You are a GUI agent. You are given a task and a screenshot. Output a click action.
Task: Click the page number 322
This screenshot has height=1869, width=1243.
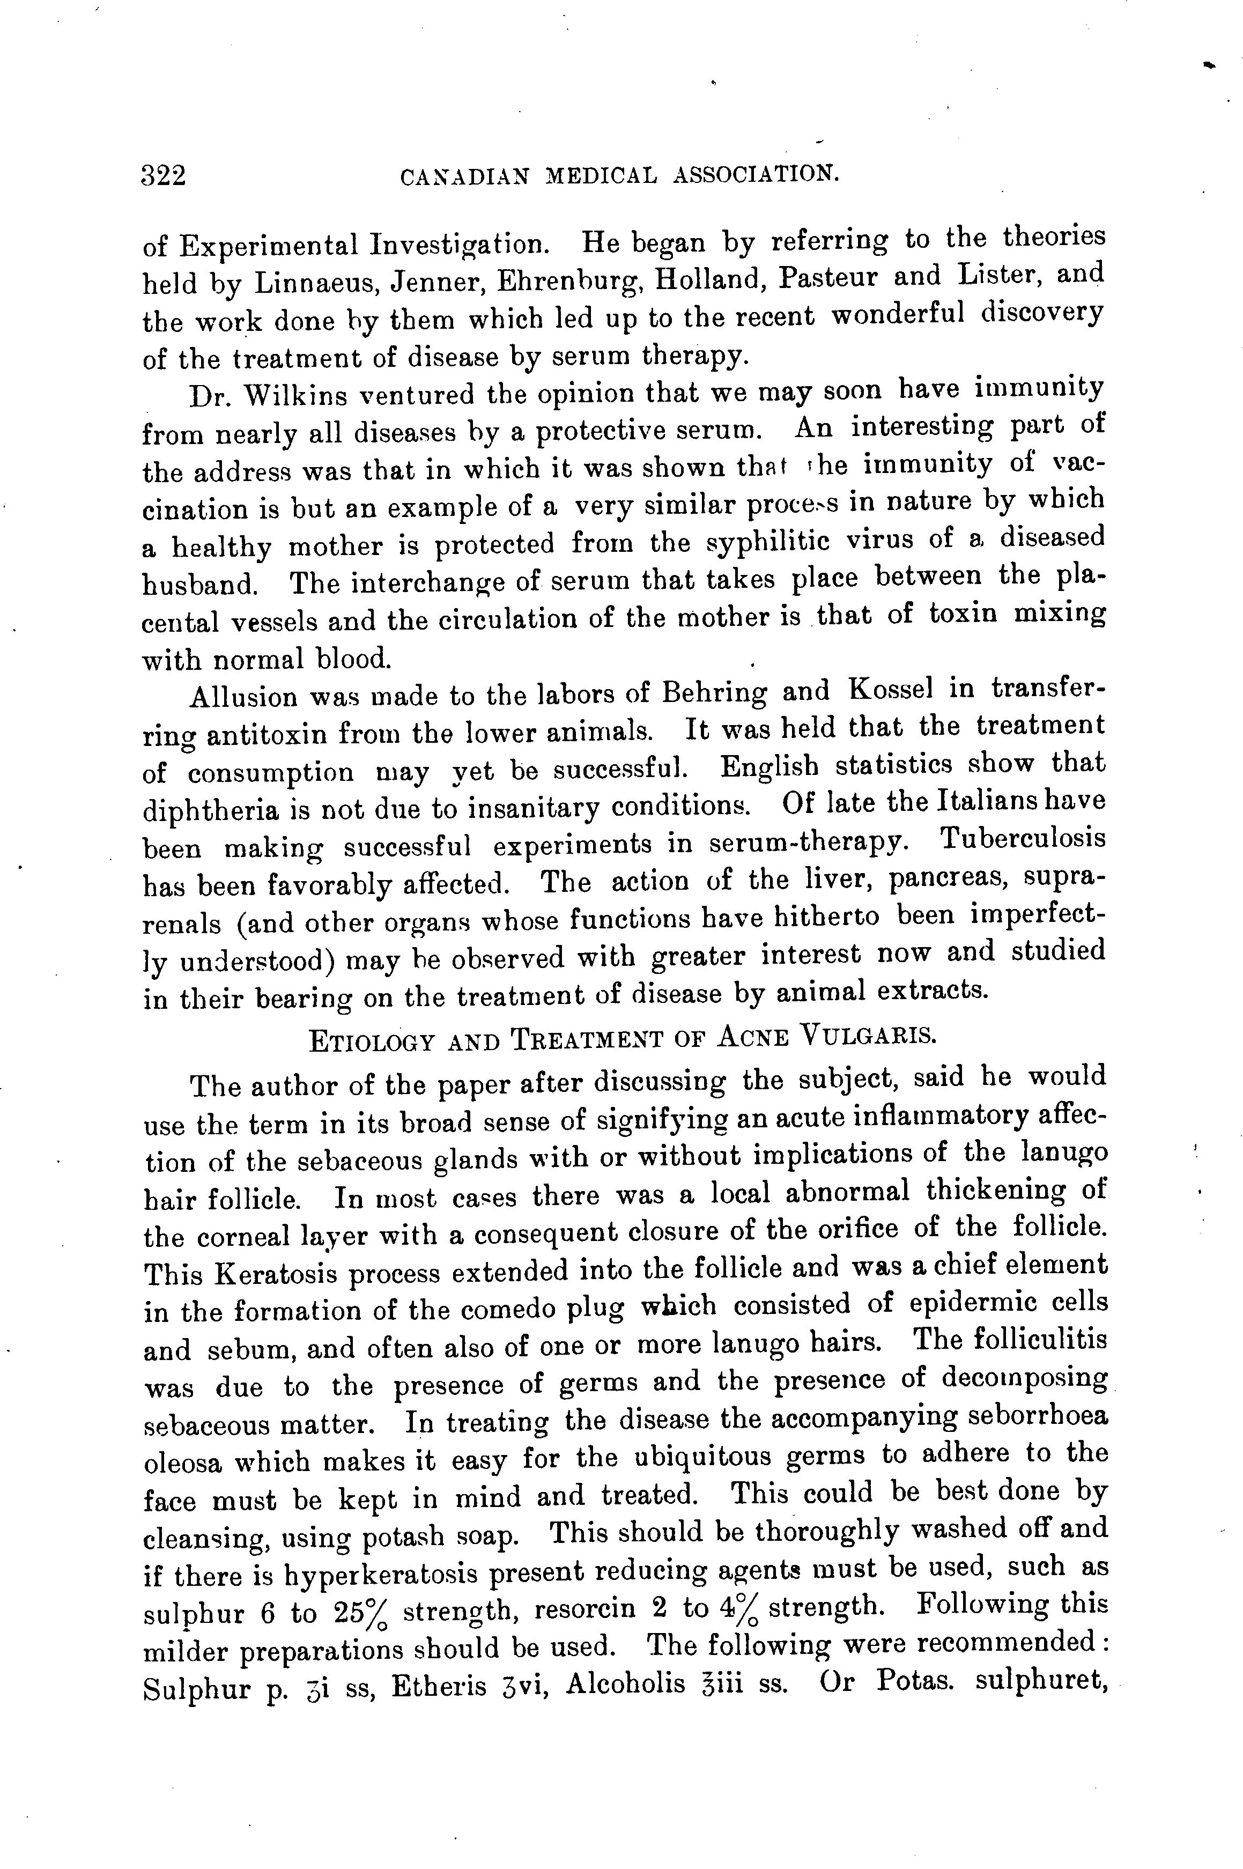tap(164, 175)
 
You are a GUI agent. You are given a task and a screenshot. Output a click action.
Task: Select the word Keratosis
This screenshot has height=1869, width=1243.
tap(277, 1274)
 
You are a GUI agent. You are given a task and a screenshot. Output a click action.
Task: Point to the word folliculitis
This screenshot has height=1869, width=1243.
tap(1039, 1341)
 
